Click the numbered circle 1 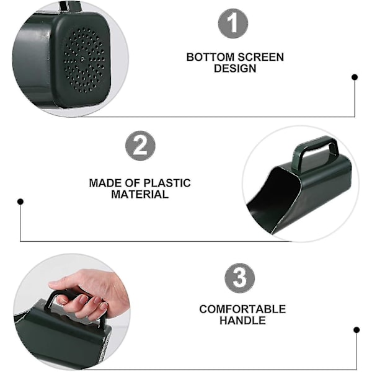pos(233,24)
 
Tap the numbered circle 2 pos(140,146)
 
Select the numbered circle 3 pos(239,278)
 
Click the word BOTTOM pos(210,57)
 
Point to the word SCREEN pos(261,57)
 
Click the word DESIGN pos(235,68)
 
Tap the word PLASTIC pos(167,183)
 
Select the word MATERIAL pos(140,194)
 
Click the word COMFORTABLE pos(242,309)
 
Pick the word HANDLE pos(242,321)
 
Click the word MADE pos(105,183)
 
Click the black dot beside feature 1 pos(355,77)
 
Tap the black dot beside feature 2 pos(20,201)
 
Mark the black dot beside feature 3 pos(356,330)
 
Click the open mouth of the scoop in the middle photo pos(273,197)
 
